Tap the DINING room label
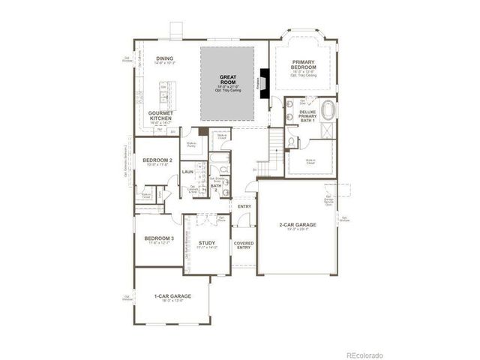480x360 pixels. [x=164, y=59]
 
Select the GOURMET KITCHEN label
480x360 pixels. [x=161, y=116]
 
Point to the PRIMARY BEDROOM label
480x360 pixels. [x=303, y=64]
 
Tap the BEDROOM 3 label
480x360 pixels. [x=159, y=239]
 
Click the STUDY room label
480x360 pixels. [x=207, y=244]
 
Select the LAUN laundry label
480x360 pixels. [x=187, y=172]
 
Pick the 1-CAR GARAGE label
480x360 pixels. [x=172, y=296]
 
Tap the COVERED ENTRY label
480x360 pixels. [x=244, y=245]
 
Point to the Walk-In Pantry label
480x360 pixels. [x=191, y=144]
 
